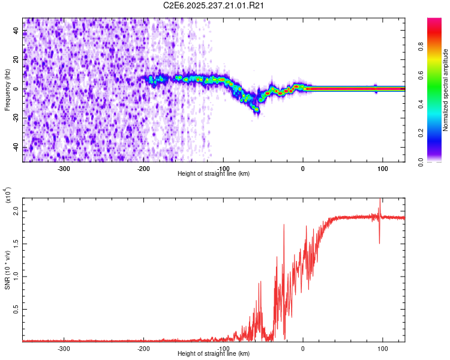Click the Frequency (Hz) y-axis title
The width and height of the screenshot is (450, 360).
point(7,90)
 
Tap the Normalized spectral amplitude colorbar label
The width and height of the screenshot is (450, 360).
point(446,90)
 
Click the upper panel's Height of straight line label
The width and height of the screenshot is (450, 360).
point(214,173)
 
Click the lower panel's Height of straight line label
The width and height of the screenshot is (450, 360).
point(214,353)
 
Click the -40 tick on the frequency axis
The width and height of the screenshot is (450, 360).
point(16,148)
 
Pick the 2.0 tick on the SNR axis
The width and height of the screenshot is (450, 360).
point(16,212)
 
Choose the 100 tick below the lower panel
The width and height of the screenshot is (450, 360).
point(382,347)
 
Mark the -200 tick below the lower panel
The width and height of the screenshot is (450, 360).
point(143,347)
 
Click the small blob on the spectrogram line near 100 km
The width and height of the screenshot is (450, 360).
point(376,88)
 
